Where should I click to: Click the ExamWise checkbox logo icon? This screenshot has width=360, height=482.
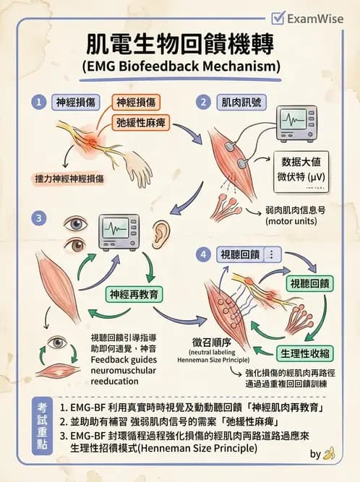pyautogui.click(x=277, y=18)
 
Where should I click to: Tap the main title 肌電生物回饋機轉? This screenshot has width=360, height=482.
pyautogui.click(x=181, y=45)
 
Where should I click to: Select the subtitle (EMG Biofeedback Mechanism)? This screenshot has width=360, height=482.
pyautogui.click(x=181, y=67)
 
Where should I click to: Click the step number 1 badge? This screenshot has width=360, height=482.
pyautogui.click(x=40, y=102)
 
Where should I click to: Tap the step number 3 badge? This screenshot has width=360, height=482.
pyautogui.click(x=41, y=215)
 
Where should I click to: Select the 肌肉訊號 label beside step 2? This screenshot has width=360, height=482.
pyautogui.click(x=239, y=102)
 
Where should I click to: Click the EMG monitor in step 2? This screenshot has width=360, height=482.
pyautogui.click(x=296, y=122)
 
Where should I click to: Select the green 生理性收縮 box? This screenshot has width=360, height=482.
pyautogui.click(x=304, y=353)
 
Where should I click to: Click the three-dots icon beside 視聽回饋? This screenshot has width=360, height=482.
pyautogui.click(x=271, y=254)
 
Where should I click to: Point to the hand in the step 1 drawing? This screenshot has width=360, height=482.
pyautogui.click(x=136, y=168)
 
